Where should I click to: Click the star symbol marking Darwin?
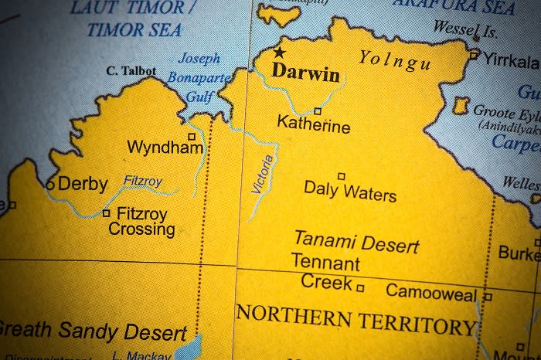coord(279,53)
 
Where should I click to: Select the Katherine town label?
coord(313,124)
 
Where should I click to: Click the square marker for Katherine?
coord(317,111)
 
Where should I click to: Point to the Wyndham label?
coord(165,147)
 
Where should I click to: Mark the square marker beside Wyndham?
coord(192,136)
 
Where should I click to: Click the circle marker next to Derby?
coord(50,185)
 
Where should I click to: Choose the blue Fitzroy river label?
coord(143,182)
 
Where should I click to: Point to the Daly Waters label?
coord(349,190)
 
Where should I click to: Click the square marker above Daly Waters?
coord(341,176)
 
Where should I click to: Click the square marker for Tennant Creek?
coord(360,287)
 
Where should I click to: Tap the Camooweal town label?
coord(431,291)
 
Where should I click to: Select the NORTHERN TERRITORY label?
coord(356,319)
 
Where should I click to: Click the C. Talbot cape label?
coord(131,71)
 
